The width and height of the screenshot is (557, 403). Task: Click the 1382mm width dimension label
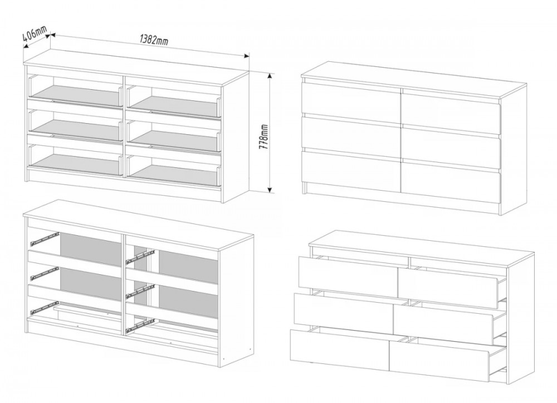tap(154, 40)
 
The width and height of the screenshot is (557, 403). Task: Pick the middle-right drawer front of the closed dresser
tap(451, 149)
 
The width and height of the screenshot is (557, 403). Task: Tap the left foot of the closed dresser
tap(304, 188)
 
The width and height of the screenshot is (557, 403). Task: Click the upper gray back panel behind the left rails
tap(90, 248)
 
